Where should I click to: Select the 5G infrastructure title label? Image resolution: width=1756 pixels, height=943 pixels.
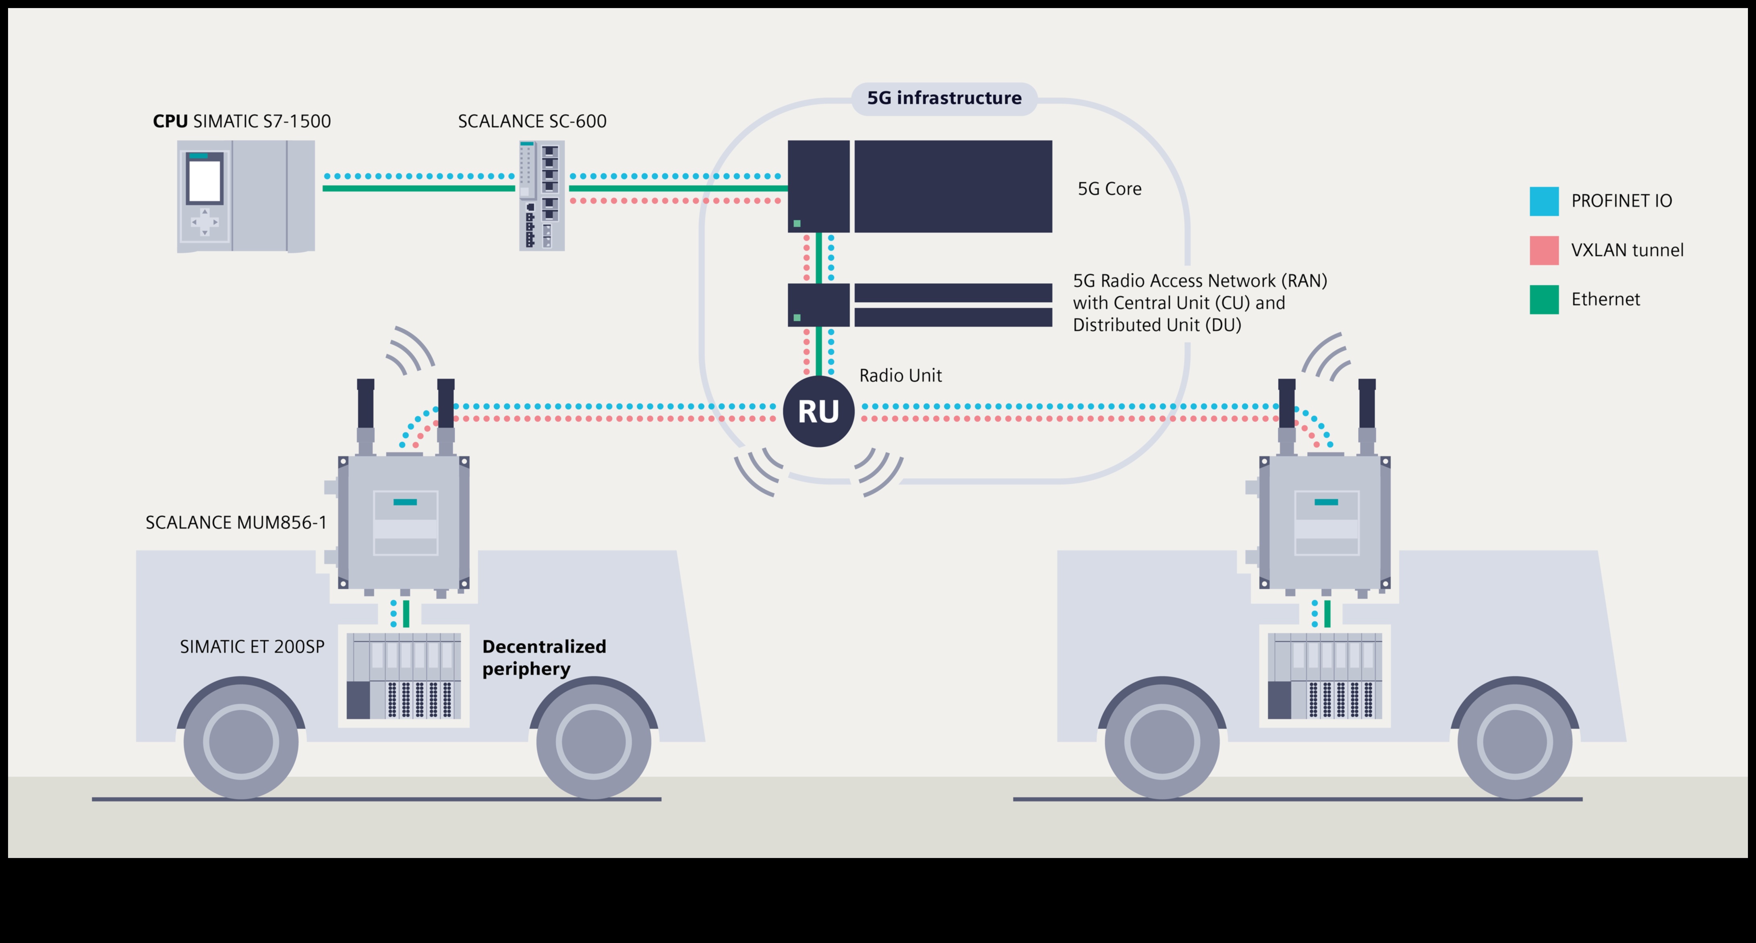point(944,98)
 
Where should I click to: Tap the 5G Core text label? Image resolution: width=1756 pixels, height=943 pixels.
point(1109,189)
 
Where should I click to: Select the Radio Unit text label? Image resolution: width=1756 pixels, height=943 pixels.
point(900,376)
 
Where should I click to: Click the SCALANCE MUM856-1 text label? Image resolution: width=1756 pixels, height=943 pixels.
point(236,523)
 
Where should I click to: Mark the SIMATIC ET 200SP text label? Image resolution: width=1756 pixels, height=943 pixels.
point(252,647)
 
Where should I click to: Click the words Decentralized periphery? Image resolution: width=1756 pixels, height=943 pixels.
point(543,657)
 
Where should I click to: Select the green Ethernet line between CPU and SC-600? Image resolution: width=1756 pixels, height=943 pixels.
point(418,188)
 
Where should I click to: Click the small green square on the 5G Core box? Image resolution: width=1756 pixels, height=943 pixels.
point(797,224)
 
